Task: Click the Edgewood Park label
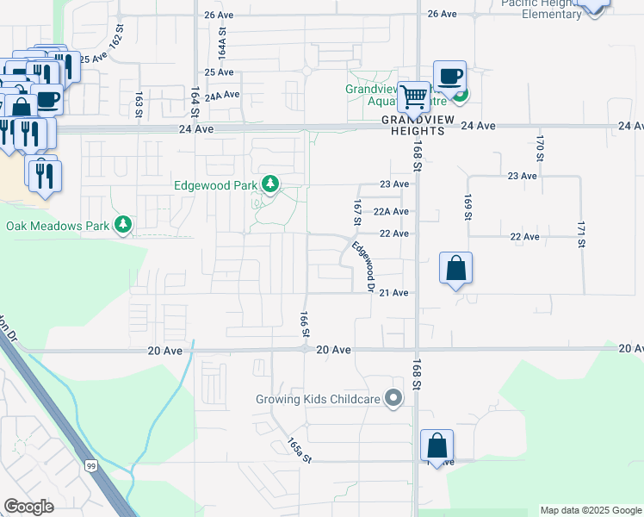coord(216,184)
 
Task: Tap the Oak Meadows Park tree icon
coord(124,225)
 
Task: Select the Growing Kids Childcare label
coord(318,399)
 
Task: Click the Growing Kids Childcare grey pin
coord(394,398)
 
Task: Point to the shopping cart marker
coord(414,96)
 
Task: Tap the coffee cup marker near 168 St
coord(449,75)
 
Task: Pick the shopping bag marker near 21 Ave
coord(456,268)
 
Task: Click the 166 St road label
coord(304,324)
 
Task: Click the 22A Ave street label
coord(392,211)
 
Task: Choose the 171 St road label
coord(581,234)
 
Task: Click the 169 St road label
coord(468,208)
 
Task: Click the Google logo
coord(28,507)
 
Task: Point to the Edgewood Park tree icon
coord(270,183)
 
